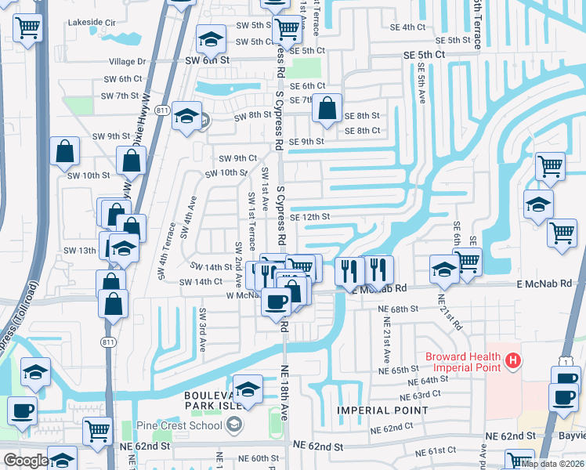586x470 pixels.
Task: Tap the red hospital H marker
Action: click(x=512, y=360)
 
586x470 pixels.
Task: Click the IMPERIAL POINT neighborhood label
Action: click(x=373, y=410)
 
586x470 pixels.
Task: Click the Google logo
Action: click(x=25, y=461)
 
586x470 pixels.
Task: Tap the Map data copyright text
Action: click(x=552, y=464)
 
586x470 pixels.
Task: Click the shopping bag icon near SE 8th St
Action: click(x=327, y=109)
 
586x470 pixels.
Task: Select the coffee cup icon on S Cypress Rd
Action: click(x=275, y=301)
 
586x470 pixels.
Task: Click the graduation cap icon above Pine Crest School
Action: click(x=248, y=389)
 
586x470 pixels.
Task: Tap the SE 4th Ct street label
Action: click(x=407, y=27)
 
